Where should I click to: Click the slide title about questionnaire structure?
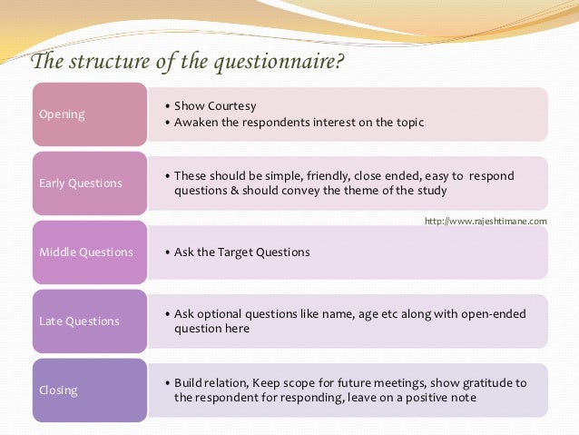click(188, 62)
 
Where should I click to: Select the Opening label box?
click(89, 114)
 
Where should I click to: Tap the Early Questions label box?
click(89, 183)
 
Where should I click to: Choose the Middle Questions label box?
click(89, 252)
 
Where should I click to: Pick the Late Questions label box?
click(89, 321)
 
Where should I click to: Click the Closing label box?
click(89, 391)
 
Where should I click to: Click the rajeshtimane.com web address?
click(486, 221)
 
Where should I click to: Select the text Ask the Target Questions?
click(241, 252)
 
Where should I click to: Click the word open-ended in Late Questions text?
click(493, 313)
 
